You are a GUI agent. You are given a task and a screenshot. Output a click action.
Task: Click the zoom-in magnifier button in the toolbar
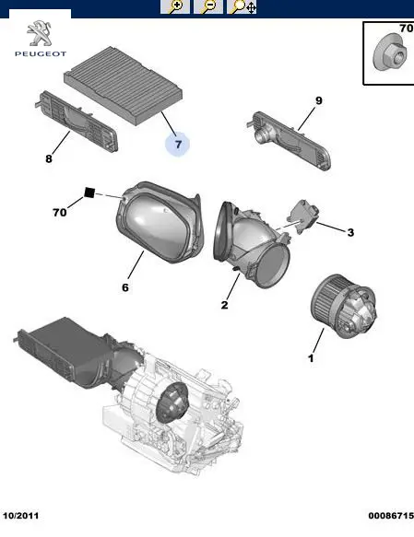tap(175, 6)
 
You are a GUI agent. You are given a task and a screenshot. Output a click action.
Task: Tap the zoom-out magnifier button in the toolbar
tap(208, 6)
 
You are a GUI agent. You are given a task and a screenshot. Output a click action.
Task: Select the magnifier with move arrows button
tap(242, 6)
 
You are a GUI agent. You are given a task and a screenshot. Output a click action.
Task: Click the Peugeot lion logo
tap(40, 33)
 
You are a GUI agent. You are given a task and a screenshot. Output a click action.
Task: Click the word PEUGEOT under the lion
tap(41, 53)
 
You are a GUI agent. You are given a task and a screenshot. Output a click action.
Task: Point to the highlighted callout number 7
tap(178, 145)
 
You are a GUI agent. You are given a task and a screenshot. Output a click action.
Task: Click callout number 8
tap(49, 158)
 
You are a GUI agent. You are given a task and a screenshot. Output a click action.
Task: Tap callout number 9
tap(319, 100)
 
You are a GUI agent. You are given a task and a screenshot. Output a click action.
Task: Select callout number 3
tap(350, 232)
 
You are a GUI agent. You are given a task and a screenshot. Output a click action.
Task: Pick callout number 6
tap(125, 287)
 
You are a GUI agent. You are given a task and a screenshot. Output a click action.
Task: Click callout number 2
tap(224, 305)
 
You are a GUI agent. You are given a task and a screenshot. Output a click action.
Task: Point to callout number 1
tap(311, 358)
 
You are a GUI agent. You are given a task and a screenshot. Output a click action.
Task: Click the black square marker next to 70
tap(89, 193)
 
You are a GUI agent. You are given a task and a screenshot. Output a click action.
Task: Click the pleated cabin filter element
tap(124, 86)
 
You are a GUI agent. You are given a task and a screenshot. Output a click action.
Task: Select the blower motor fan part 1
tap(343, 306)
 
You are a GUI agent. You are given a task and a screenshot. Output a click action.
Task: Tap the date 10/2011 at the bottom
tap(21, 516)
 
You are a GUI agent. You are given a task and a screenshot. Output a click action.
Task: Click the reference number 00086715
tap(391, 516)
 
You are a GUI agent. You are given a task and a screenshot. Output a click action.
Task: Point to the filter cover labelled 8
tap(77, 122)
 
